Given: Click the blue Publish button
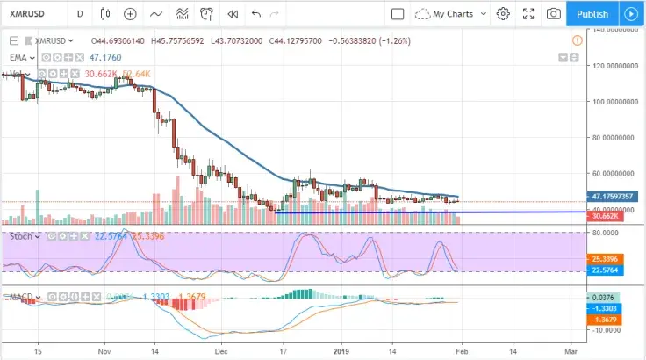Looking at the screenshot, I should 592,14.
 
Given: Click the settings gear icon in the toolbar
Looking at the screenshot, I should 503,14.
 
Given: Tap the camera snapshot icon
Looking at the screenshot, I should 554,14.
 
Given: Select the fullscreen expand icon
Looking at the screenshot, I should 528,14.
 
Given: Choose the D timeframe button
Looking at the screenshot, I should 81,14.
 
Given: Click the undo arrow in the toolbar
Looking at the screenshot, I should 255,14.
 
